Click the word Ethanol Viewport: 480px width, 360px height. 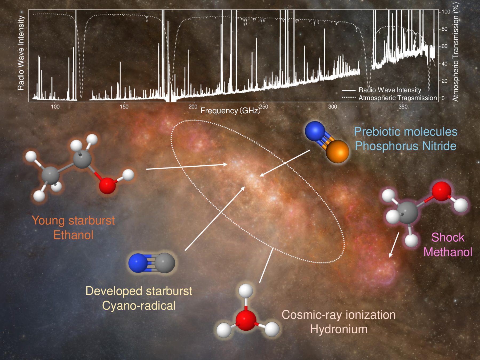pyautogui.click(x=73, y=235)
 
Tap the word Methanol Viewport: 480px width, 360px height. pyautogui.click(x=448, y=252)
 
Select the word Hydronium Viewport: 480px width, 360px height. pyautogui.click(x=339, y=329)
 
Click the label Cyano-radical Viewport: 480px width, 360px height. pyautogui.click(x=139, y=306)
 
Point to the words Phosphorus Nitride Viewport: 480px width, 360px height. pyautogui.click(x=406, y=146)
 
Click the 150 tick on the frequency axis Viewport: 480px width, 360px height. pyautogui.click(x=124, y=107)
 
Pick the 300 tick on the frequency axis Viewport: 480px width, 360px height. pyautogui.click(x=333, y=107)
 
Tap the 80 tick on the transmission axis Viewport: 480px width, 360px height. pyautogui.click(x=445, y=29)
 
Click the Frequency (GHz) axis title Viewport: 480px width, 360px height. pyautogui.click(x=230, y=111)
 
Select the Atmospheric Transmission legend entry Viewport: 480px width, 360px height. pyautogui.click(x=390, y=98)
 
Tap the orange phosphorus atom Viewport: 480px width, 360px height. pyautogui.click(x=337, y=151)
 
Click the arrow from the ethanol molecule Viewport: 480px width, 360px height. pyautogui.click(x=187, y=167)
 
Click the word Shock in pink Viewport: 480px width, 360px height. pyautogui.click(x=448, y=237)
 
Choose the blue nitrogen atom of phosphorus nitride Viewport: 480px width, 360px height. pyautogui.click(x=315, y=131)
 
